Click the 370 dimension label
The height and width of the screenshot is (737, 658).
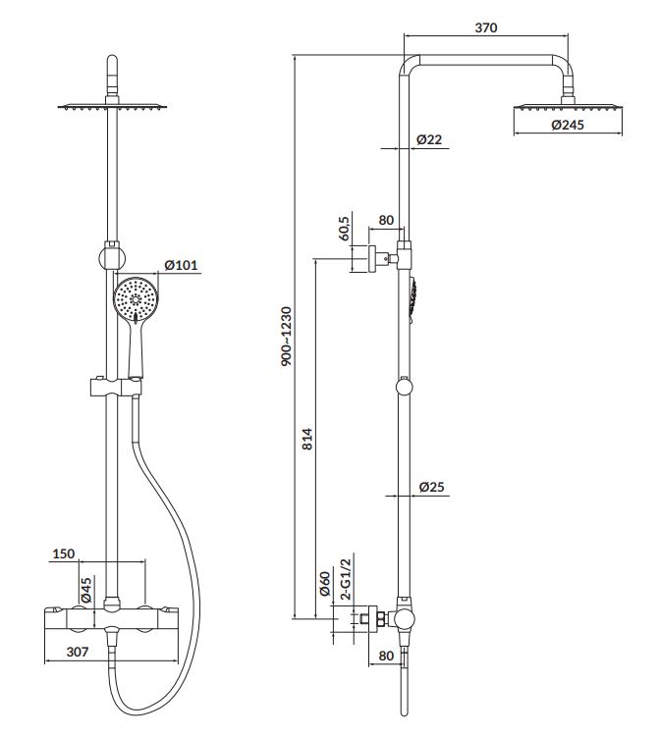click(x=485, y=27)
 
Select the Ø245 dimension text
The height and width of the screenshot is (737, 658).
click(x=569, y=125)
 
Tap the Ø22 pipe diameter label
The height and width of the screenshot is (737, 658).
click(x=429, y=139)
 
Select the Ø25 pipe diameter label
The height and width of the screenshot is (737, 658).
click(x=432, y=486)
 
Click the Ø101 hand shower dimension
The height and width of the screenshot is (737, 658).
click(x=183, y=265)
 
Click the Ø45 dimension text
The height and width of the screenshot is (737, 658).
click(x=86, y=589)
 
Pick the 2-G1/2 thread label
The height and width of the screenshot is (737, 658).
click(x=345, y=579)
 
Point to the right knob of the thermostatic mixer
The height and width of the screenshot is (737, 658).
click(x=146, y=618)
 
